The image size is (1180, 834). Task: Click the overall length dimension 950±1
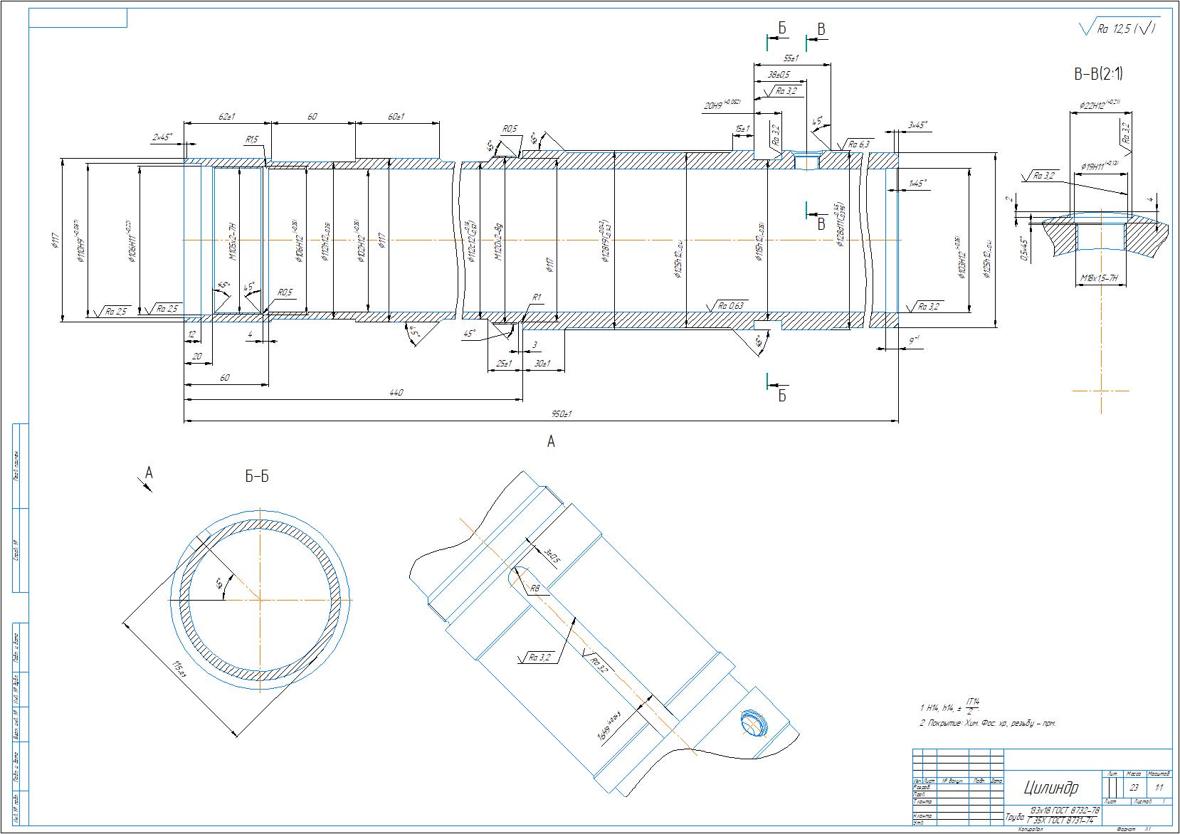(562, 414)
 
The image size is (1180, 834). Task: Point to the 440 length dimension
(397, 393)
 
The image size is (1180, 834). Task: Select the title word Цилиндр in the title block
(1051, 788)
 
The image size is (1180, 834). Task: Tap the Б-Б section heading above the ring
(257, 477)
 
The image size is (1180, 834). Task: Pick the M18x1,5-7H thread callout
(1100, 278)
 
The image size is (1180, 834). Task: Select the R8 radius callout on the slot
(536, 589)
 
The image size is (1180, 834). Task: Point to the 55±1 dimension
(791, 58)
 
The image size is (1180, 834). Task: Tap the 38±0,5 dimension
(780, 75)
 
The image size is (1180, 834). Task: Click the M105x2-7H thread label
(232, 241)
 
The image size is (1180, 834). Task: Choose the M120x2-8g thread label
(499, 241)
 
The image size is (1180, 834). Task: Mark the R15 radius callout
(252, 140)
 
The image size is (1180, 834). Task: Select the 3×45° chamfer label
(917, 125)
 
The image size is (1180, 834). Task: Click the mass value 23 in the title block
(1134, 788)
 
